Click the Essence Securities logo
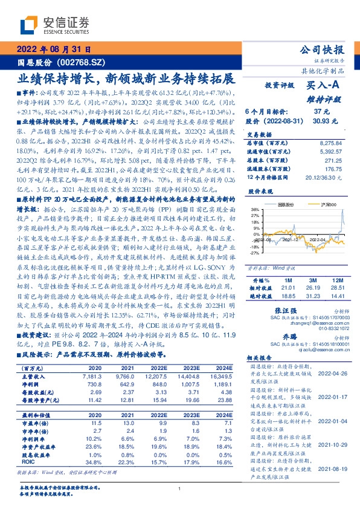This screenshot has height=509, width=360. (x=54, y=26)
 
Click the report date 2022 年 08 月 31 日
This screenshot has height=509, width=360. (x=54, y=50)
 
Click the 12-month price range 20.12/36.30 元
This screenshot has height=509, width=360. (x=329, y=177)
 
